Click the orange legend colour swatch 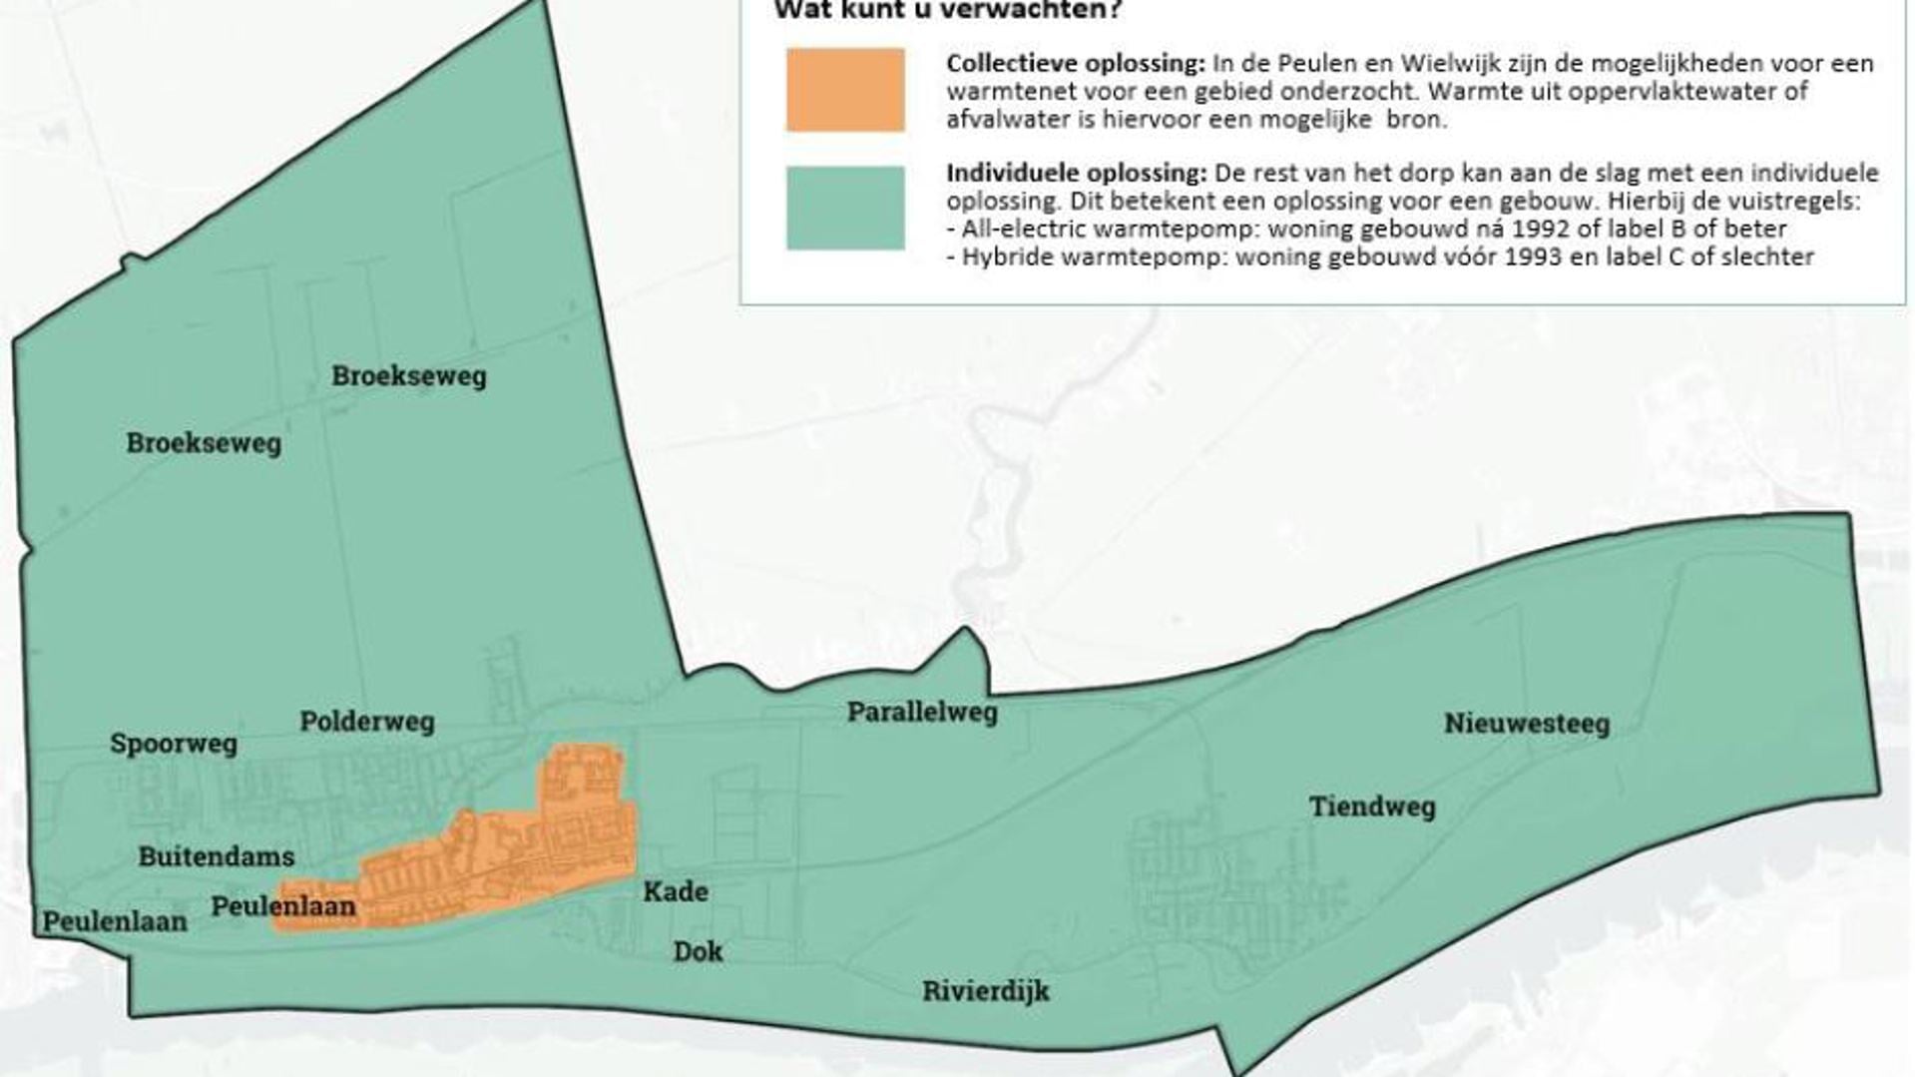tap(845, 90)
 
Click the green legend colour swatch tap(845, 208)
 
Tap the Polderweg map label tap(367, 722)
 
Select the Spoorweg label tap(174, 744)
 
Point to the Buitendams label tap(217, 856)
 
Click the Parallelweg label tap(922, 712)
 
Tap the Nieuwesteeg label tap(1527, 724)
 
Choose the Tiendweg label tap(1372, 807)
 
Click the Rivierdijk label tap(986, 991)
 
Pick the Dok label tap(698, 951)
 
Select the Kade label tap(676, 891)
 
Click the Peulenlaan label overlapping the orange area tap(283, 906)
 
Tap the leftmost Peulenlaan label tap(115, 921)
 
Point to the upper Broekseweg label tap(409, 376)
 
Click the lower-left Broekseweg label tap(204, 443)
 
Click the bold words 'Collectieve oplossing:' tap(1076, 64)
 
